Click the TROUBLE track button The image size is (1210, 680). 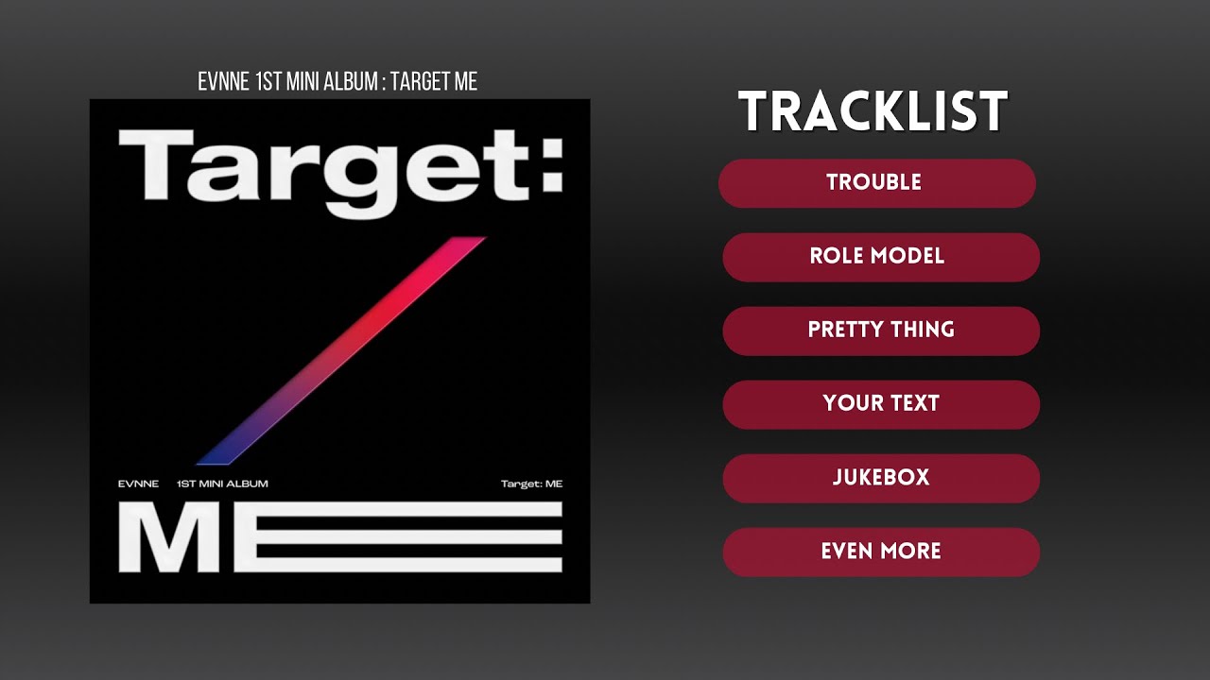click(x=876, y=183)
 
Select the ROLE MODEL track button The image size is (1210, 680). click(x=880, y=257)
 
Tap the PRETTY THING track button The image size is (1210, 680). click(x=880, y=331)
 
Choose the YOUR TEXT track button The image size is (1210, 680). click(x=880, y=404)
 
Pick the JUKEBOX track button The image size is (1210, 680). click(x=880, y=478)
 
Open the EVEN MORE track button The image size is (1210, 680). click(x=880, y=552)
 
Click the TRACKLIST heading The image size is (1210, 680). click(x=873, y=112)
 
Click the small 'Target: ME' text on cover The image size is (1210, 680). click(x=531, y=484)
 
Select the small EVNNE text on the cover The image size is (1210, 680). click(x=138, y=484)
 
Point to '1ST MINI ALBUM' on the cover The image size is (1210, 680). click(x=222, y=484)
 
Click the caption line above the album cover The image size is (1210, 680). click(x=337, y=82)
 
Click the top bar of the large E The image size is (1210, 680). click(x=406, y=509)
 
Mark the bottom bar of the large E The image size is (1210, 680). click(x=406, y=565)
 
